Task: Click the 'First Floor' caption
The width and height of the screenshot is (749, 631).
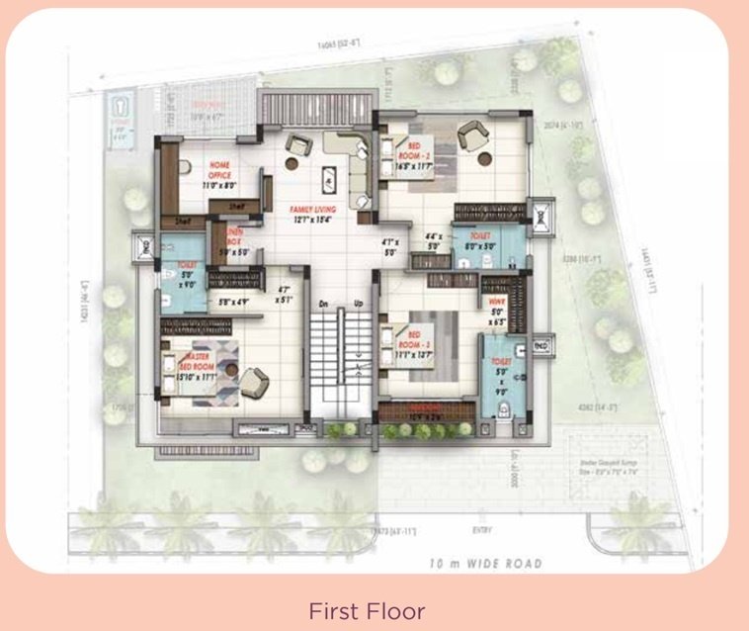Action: [x=367, y=610]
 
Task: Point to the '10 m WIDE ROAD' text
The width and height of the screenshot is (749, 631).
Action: [x=486, y=564]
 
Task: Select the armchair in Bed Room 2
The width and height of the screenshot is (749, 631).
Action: [x=471, y=134]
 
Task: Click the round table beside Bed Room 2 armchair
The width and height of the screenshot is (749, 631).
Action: [x=484, y=158]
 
